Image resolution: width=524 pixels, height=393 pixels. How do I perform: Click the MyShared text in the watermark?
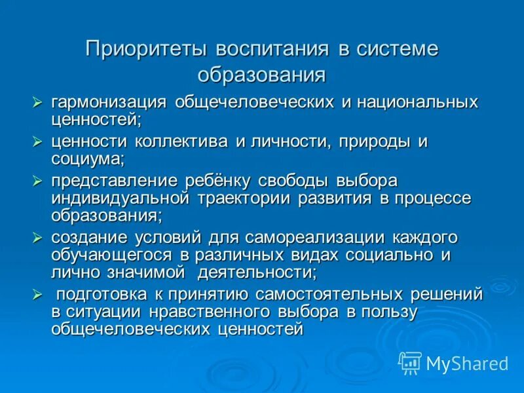[x=467, y=362]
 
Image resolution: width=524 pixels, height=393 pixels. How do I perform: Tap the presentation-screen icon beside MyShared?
[x=410, y=362]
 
